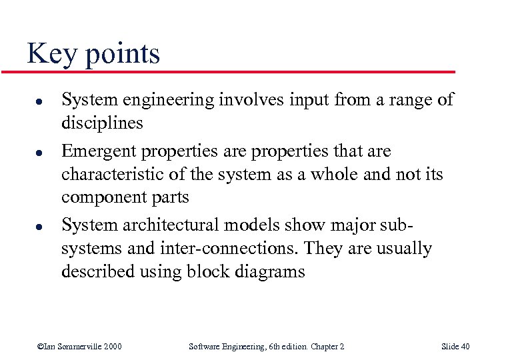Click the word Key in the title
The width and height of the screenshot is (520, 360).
[x=52, y=53]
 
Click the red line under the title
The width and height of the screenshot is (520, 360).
[x=240, y=71]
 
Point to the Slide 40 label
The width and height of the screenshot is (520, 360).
[x=455, y=346]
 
